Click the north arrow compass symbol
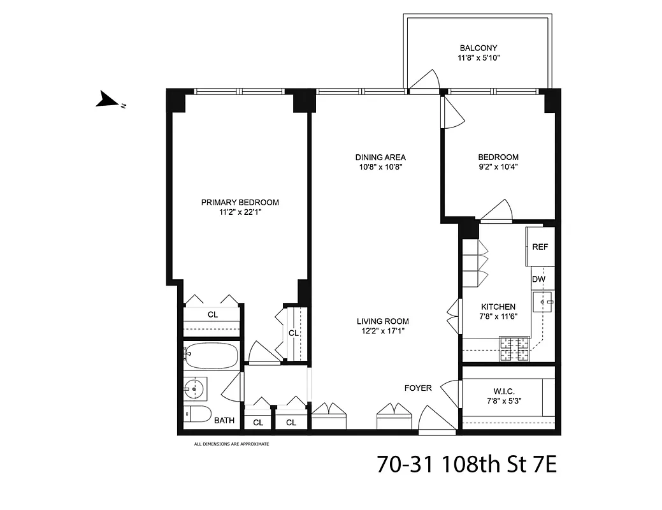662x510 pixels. tap(106, 100)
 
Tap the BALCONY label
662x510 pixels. tap(478, 48)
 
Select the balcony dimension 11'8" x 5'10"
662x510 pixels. tap(478, 58)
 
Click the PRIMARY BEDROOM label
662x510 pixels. tap(240, 203)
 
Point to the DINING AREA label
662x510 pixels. tap(380, 157)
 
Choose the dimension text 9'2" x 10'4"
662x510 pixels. tap(498, 167)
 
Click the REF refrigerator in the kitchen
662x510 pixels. tap(540, 247)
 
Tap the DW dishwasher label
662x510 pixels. tap(539, 279)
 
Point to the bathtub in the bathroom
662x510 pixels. tap(211, 355)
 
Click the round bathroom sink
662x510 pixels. tap(194, 387)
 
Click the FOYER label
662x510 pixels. tap(418, 388)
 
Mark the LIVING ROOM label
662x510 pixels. tap(382, 321)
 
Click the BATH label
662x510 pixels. tap(224, 421)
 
